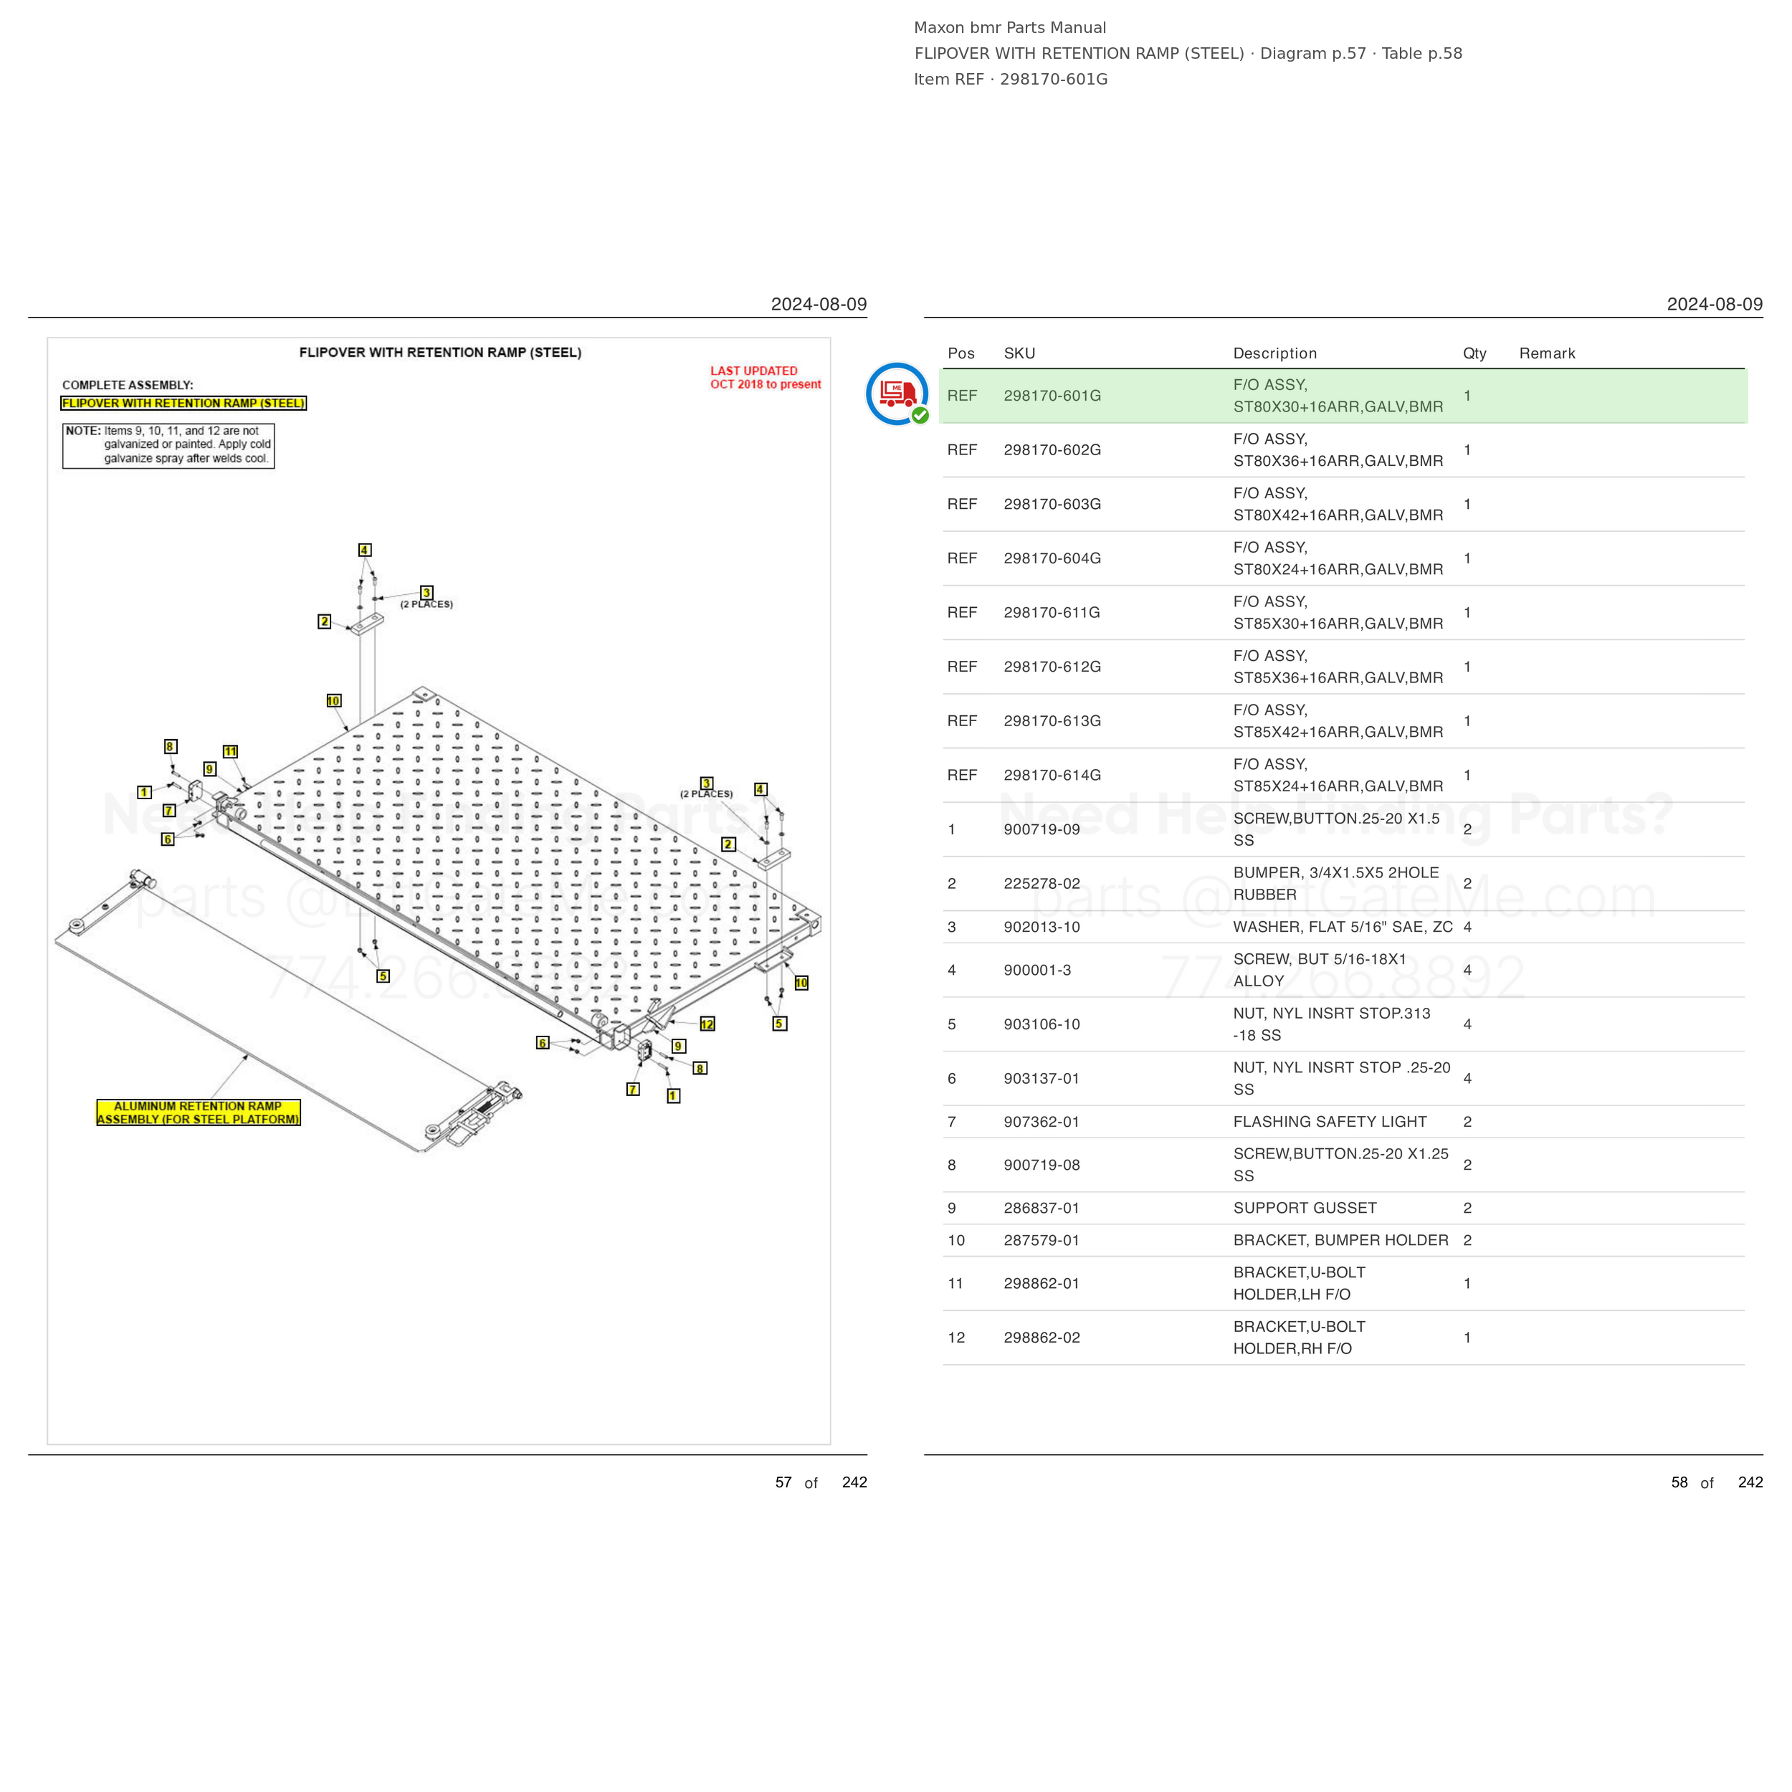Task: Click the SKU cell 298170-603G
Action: coord(1052,504)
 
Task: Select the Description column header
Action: coord(1274,353)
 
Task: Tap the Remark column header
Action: coord(1547,353)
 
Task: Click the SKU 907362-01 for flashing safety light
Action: coord(1041,1121)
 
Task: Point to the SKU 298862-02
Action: coord(1041,1338)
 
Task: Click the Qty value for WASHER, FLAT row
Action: coord(1467,927)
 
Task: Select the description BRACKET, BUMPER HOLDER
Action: coord(1340,1240)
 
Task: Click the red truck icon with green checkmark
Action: coord(897,394)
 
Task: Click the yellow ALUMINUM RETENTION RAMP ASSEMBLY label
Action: coord(199,1112)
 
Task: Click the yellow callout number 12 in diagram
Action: coord(707,1024)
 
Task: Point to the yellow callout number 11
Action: coord(230,751)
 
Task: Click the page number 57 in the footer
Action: coord(783,1482)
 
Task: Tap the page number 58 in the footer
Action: coord(1679,1482)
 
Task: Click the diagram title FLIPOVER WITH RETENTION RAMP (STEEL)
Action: coord(439,353)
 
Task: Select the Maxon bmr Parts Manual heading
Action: coord(1009,28)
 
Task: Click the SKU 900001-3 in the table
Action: coord(1037,971)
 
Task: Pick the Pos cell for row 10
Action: coord(956,1240)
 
